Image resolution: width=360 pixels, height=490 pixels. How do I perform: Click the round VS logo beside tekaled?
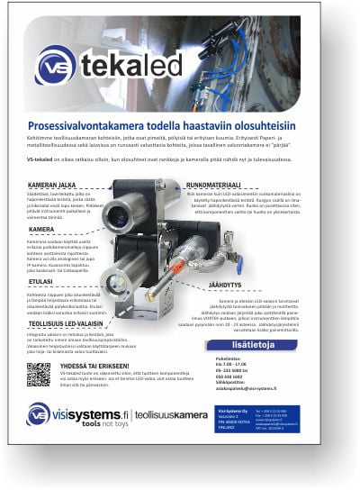click(x=56, y=64)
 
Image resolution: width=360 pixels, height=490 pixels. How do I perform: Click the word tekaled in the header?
click(x=131, y=66)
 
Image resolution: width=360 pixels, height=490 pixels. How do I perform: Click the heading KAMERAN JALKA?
click(x=53, y=184)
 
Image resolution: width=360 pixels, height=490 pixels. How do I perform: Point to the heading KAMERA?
click(x=41, y=231)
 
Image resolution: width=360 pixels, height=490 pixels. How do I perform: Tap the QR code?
click(x=39, y=374)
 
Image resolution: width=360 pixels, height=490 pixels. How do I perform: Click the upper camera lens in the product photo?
click(x=116, y=217)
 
